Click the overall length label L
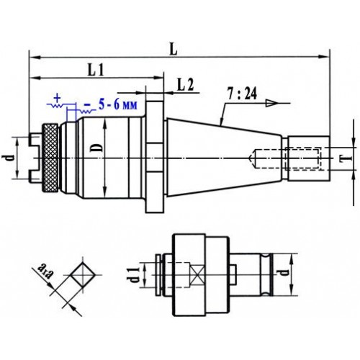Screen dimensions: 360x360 point(174,49)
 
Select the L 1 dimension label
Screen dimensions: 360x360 point(96,71)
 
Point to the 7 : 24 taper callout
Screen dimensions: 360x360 point(242,94)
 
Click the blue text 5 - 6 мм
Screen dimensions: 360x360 point(118,104)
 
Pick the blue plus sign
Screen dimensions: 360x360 point(57,98)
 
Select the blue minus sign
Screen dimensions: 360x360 point(88,105)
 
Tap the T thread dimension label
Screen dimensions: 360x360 point(348,158)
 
